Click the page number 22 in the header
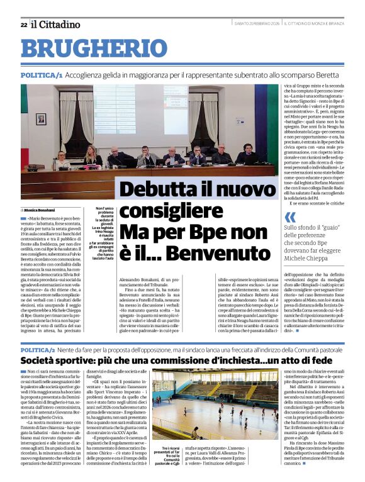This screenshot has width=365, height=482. [23, 25]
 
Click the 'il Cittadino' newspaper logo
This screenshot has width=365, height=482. [57, 25]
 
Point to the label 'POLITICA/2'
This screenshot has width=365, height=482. [38, 349]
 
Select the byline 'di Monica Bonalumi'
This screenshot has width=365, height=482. [38, 210]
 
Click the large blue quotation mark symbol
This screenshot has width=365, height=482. [290, 217]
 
